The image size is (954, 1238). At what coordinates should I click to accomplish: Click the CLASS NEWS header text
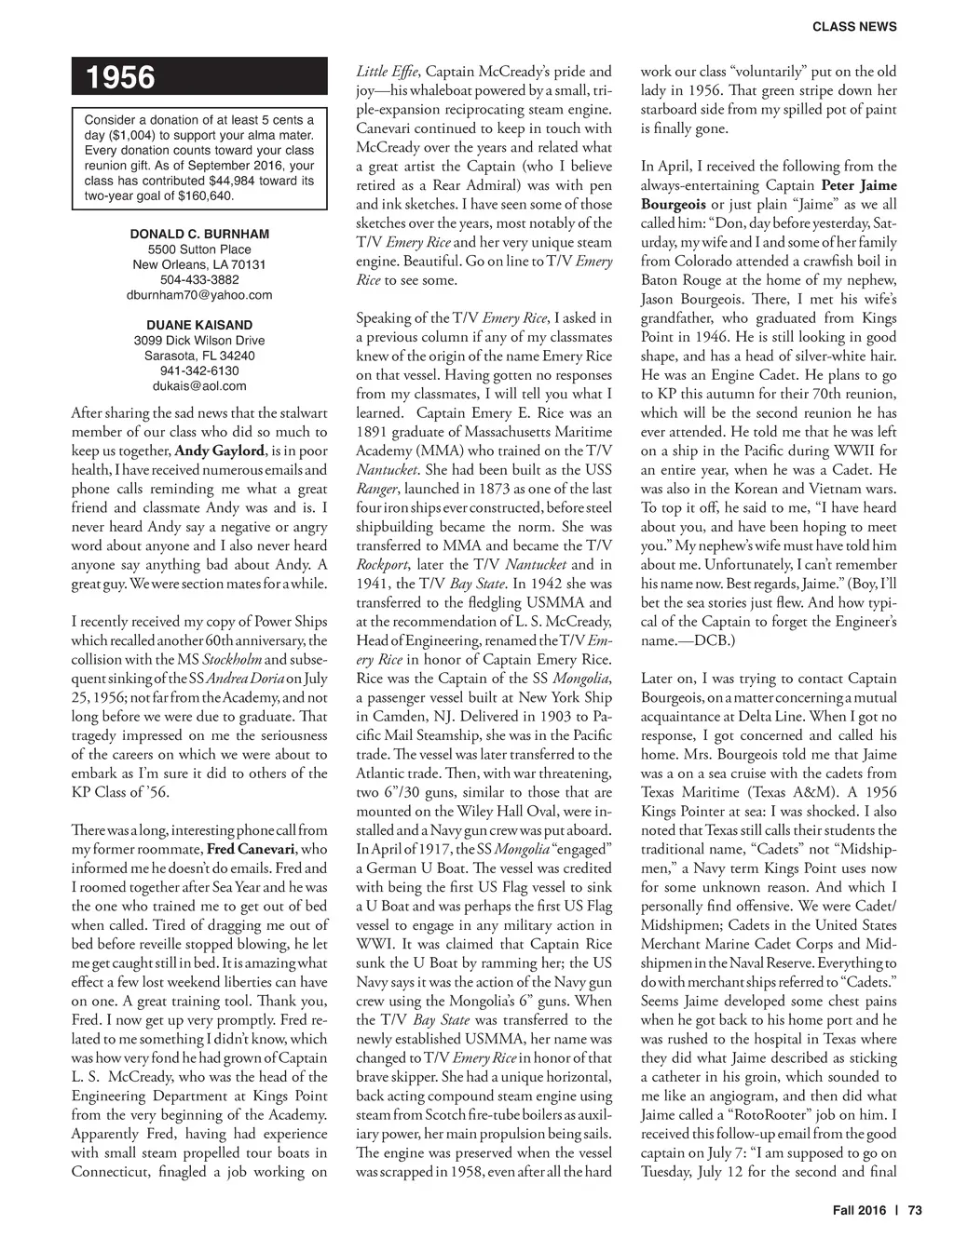pyautogui.click(x=854, y=27)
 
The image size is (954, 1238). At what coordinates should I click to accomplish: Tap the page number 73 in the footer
pyautogui.click(x=915, y=1211)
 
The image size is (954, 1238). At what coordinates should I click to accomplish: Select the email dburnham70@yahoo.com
pyautogui.click(x=199, y=294)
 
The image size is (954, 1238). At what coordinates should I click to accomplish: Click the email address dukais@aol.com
pyautogui.click(x=199, y=385)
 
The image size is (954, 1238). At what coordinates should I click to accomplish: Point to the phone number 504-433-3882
pyautogui.click(x=199, y=279)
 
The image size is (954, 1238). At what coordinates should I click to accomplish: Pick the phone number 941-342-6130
pyautogui.click(x=199, y=370)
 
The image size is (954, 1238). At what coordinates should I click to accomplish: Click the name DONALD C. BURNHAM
pyautogui.click(x=199, y=234)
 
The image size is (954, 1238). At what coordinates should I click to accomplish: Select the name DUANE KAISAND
pyautogui.click(x=199, y=325)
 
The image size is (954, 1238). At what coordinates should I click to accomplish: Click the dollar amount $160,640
pyautogui.click(x=207, y=196)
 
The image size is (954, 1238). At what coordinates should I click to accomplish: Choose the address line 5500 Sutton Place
pyautogui.click(x=199, y=249)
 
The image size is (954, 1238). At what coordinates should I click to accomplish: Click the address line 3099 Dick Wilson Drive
pyautogui.click(x=199, y=341)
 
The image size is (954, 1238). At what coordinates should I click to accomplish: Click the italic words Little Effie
pyautogui.click(x=388, y=72)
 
